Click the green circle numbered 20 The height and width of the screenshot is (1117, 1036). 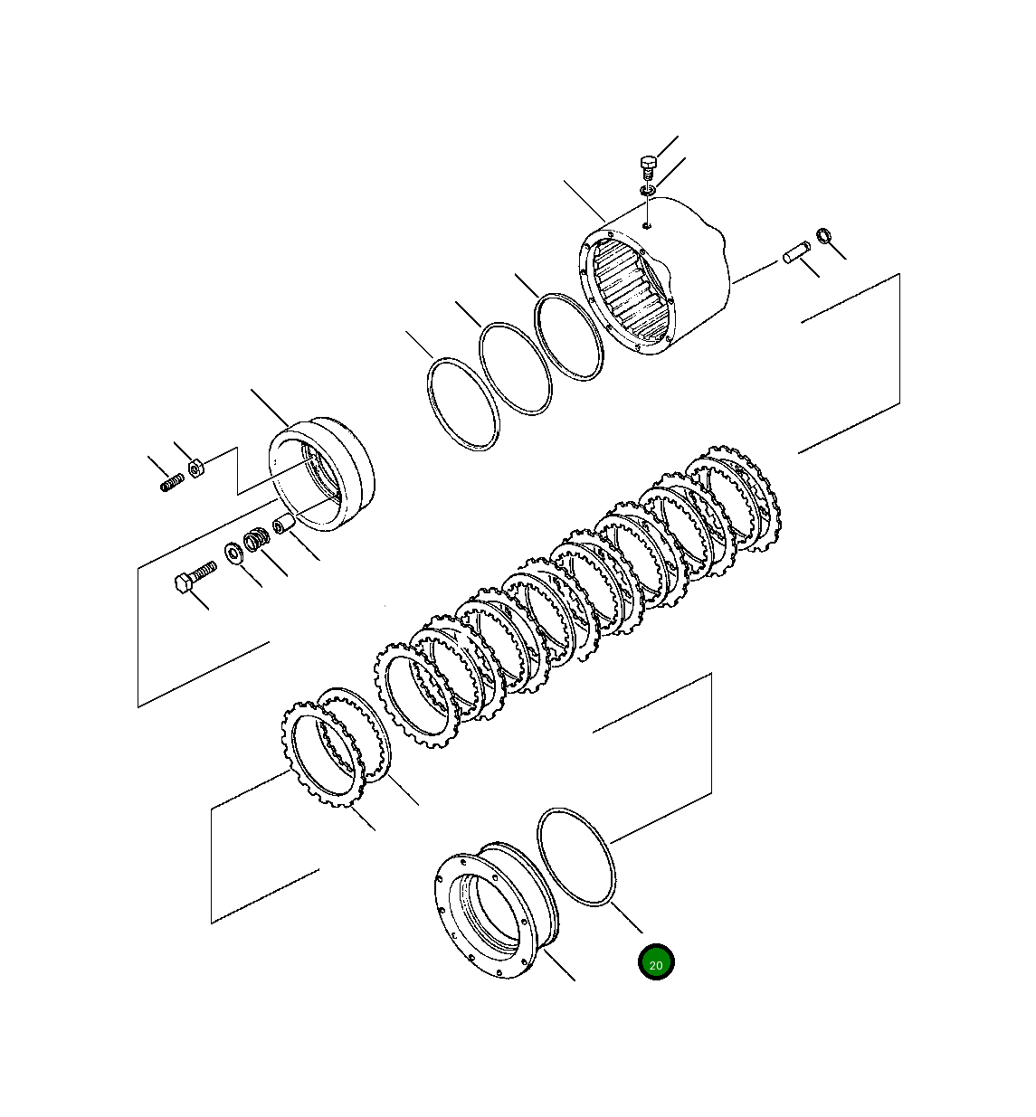pos(656,962)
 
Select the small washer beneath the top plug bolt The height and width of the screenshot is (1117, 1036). pos(647,192)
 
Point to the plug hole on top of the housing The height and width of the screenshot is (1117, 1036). pos(647,224)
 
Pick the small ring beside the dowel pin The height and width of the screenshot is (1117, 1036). pos(824,236)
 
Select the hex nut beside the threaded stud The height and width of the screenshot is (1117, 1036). pos(195,469)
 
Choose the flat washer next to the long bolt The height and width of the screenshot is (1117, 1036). pos(233,552)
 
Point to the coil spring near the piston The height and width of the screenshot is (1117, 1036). pos(257,541)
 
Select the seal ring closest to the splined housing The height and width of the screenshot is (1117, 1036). pos(568,336)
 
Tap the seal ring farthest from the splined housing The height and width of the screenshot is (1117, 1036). pos(462,403)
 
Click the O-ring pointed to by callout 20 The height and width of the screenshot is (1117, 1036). pos(576,856)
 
